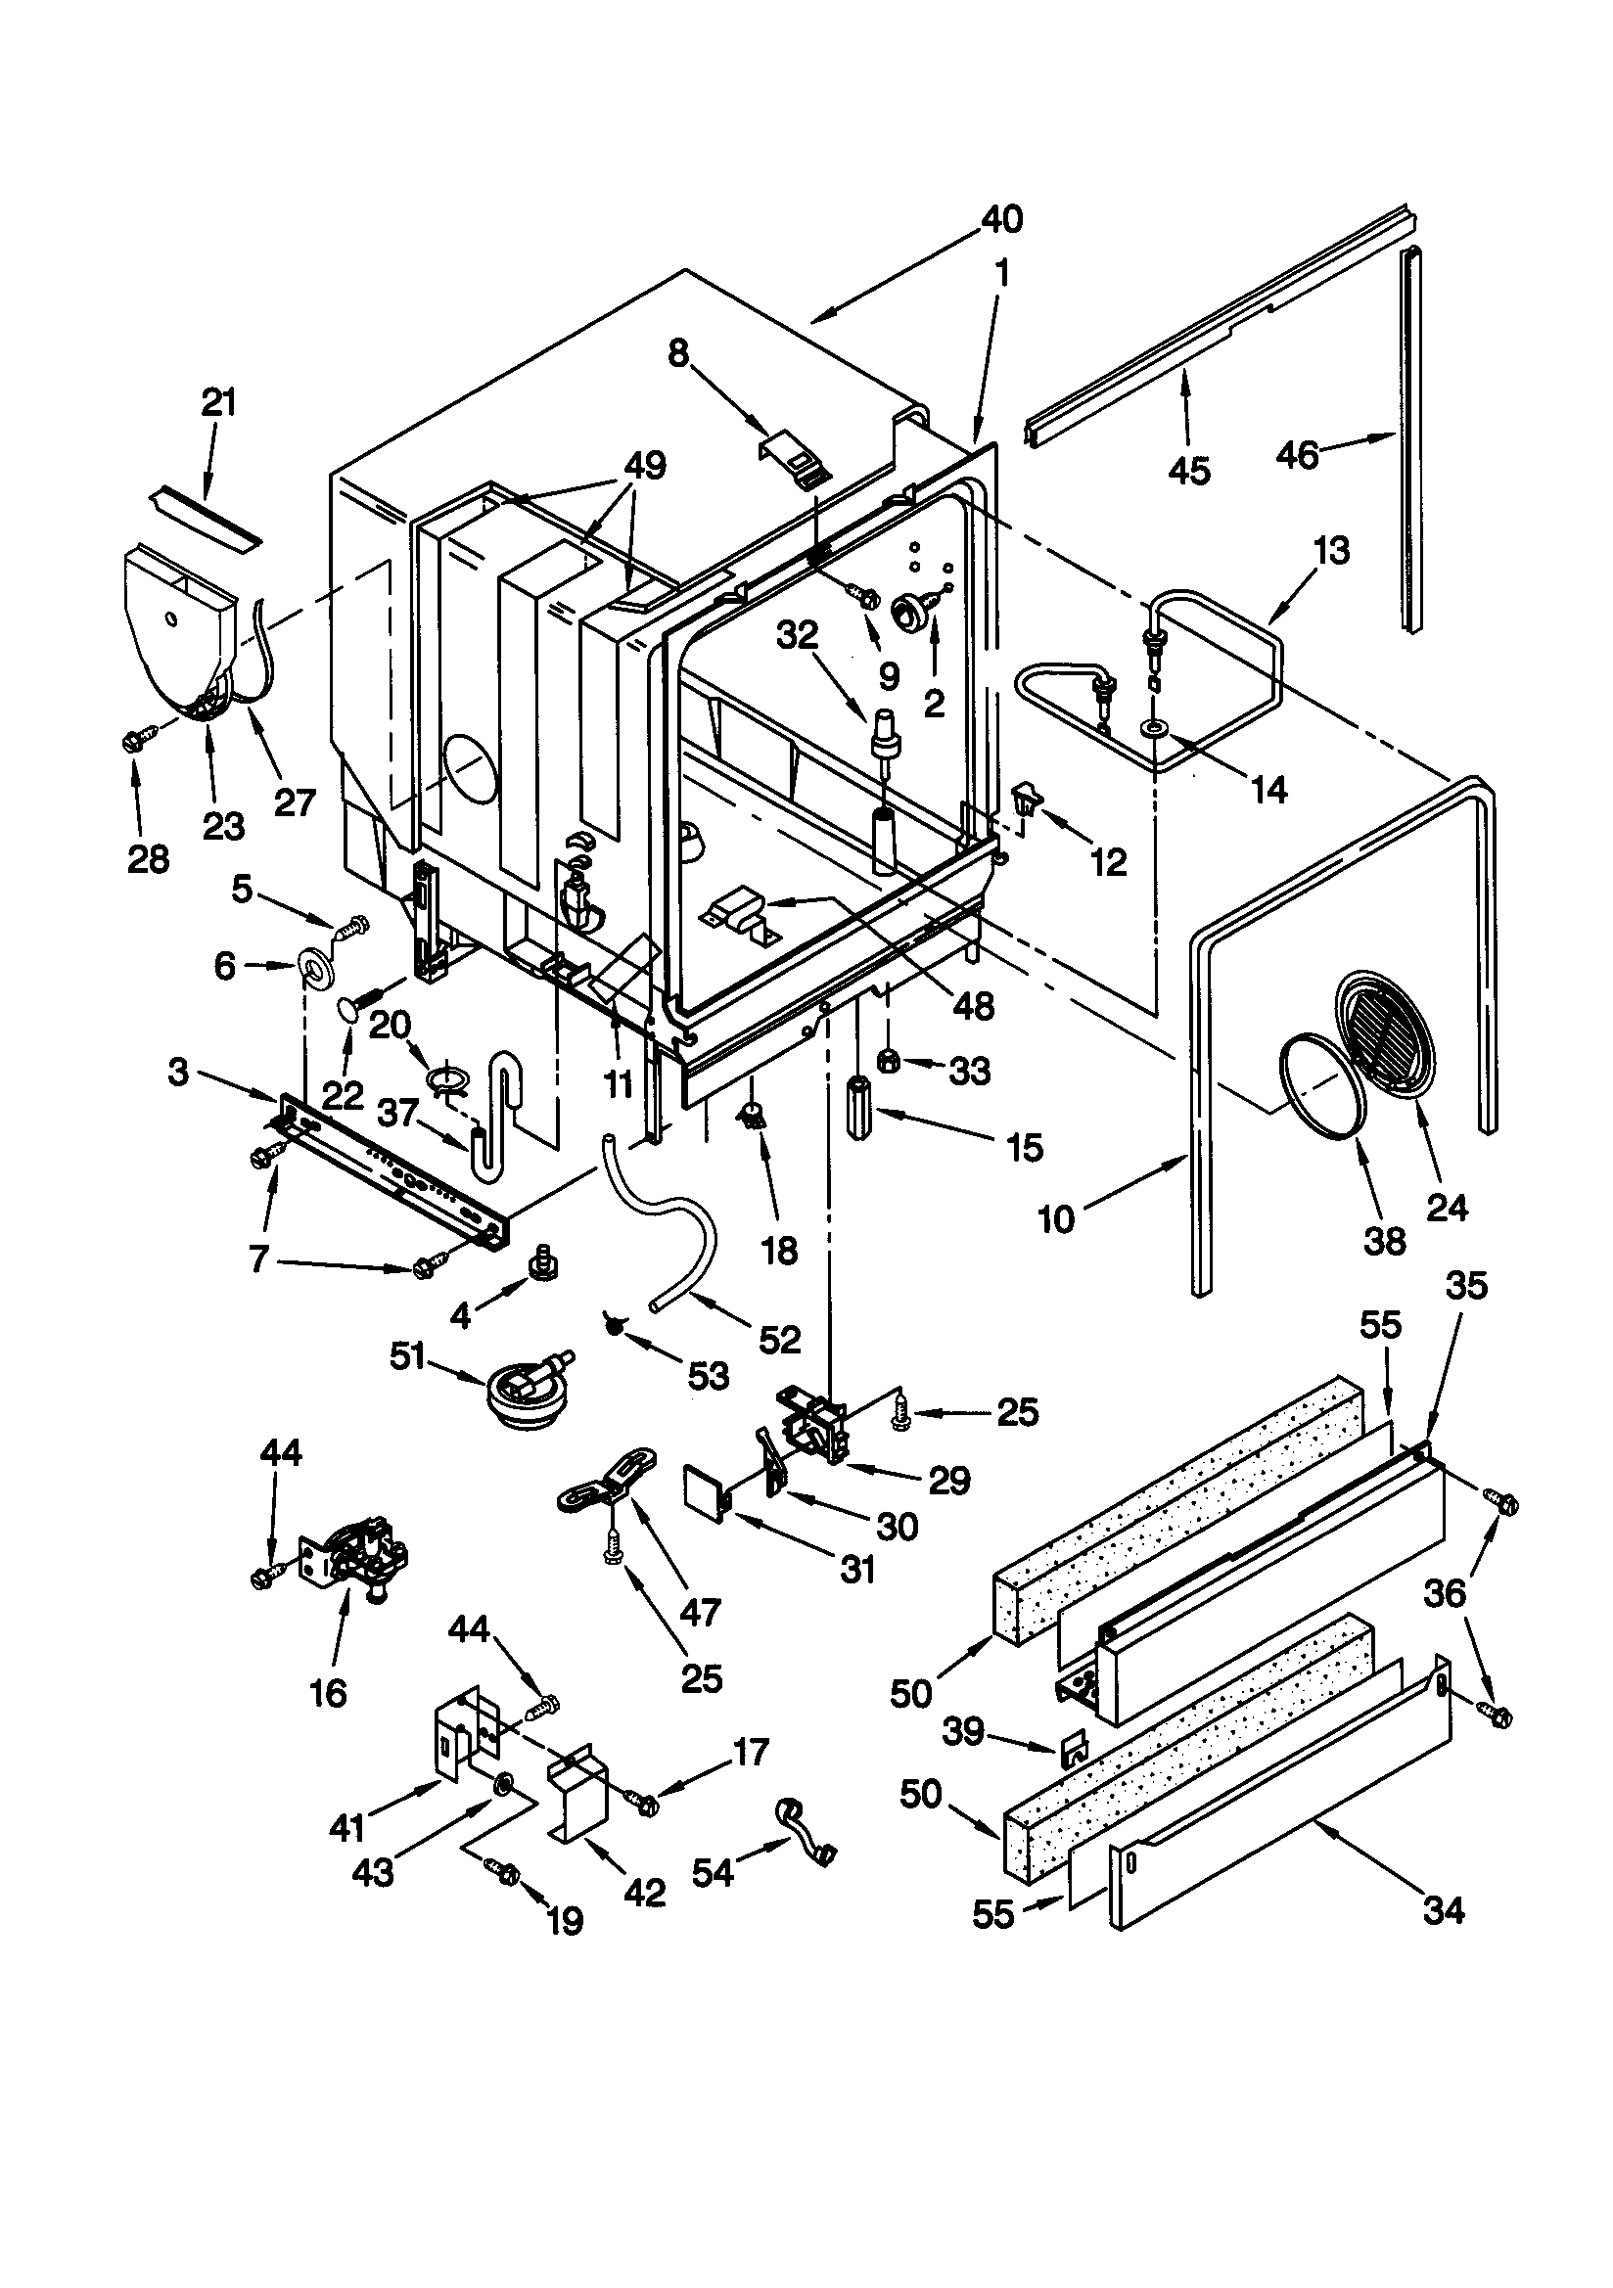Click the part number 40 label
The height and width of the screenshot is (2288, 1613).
pyautogui.click(x=1001, y=219)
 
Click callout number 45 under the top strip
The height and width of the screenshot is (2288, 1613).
pyautogui.click(x=1188, y=470)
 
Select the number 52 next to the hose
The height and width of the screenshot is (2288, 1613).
pyautogui.click(x=778, y=1340)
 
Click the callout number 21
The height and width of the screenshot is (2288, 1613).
pyautogui.click(x=218, y=402)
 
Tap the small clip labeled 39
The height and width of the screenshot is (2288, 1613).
pyautogui.click(x=1074, y=1744)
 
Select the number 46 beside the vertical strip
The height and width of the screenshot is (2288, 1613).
pyautogui.click(x=1298, y=454)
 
